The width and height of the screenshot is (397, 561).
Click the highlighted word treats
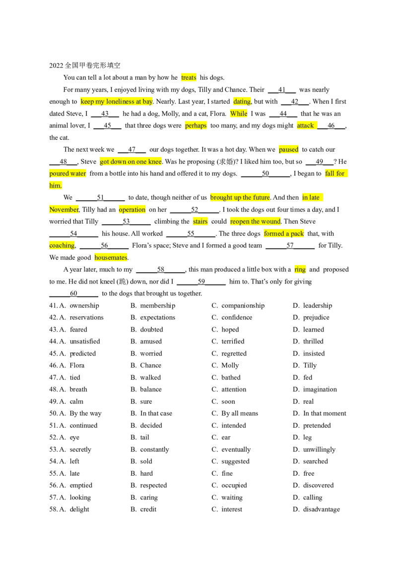pyautogui.click(x=189, y=78)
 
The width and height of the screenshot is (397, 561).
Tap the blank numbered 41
pyautogui.click(x=282, y=90)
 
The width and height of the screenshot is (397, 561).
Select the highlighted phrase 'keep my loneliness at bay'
pyautogui.click(x=117, y=102)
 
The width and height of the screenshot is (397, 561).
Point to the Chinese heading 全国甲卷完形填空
pyautogui.click(x=92, y=65)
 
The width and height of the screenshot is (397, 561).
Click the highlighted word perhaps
pyautogui.click(x=196, y=125)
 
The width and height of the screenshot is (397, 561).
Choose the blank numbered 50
pyautogui.click(x=265, y=173)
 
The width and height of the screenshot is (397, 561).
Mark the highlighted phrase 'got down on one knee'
pyautogui.click(x=131, y=162)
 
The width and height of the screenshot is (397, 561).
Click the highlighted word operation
pyautogui.click(x=132, y=210)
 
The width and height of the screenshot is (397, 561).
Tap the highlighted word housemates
pyautogui.click(x=111, y=258)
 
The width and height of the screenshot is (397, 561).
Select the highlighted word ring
pyautogui.click(x=300, y=270)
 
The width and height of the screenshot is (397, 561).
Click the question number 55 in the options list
pyautogui.click(x=54, y=473)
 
